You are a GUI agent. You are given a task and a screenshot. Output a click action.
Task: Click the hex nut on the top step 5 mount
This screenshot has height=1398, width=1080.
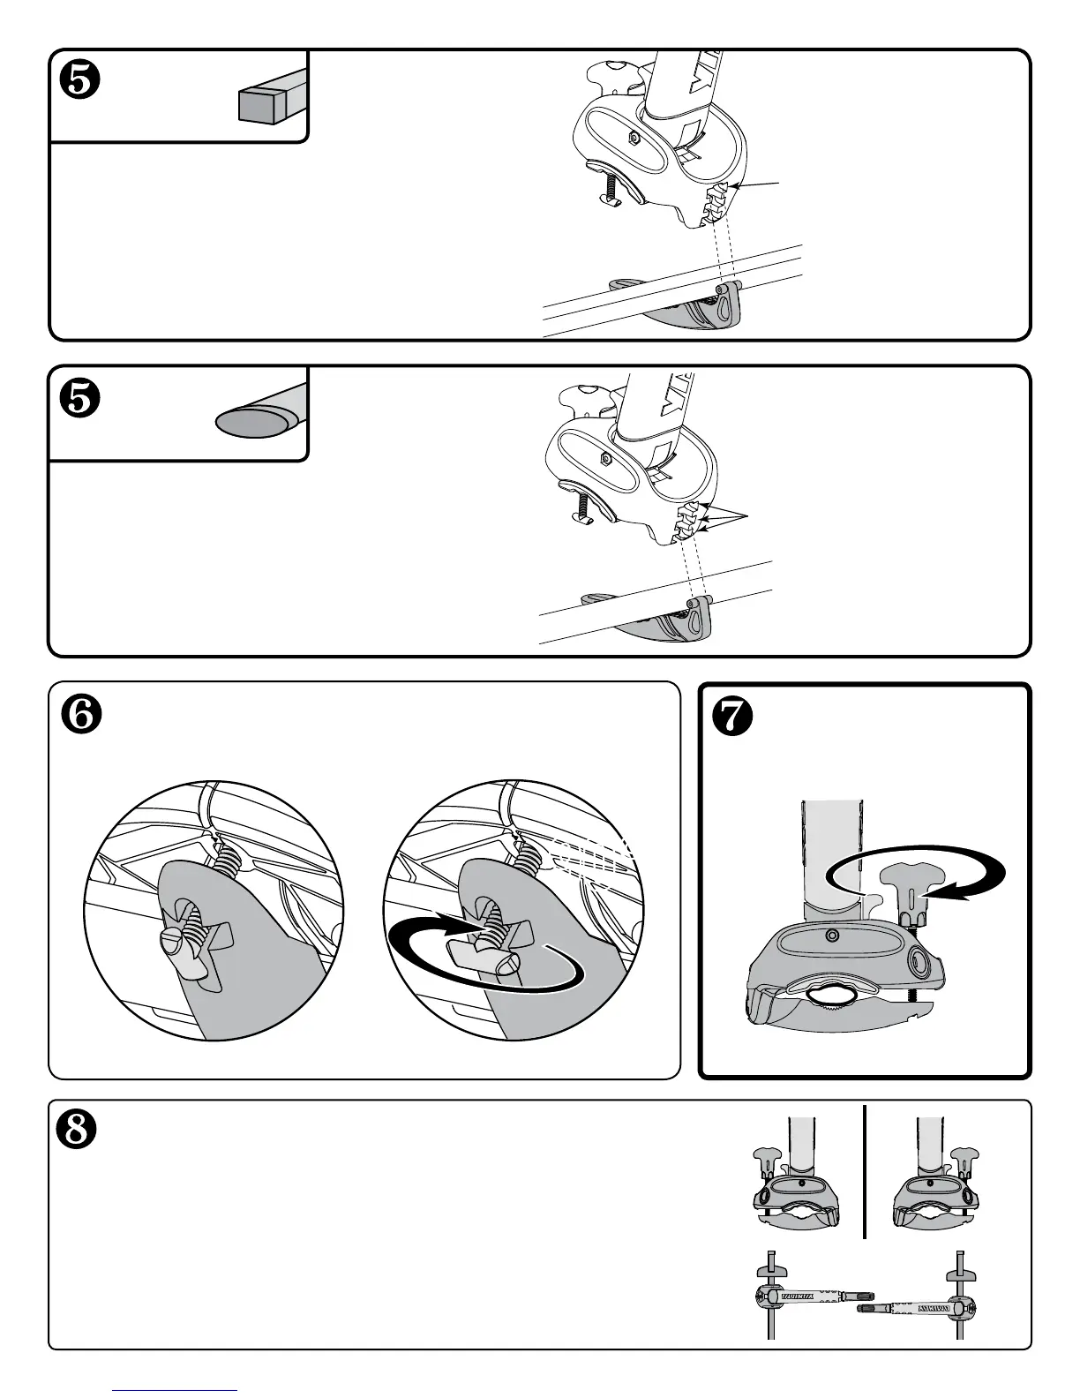(634, 138)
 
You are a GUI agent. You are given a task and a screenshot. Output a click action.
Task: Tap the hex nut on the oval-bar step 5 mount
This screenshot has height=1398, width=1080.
(606, 459)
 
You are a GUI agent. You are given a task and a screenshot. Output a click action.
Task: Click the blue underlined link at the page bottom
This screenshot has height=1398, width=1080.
(176, 1391)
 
